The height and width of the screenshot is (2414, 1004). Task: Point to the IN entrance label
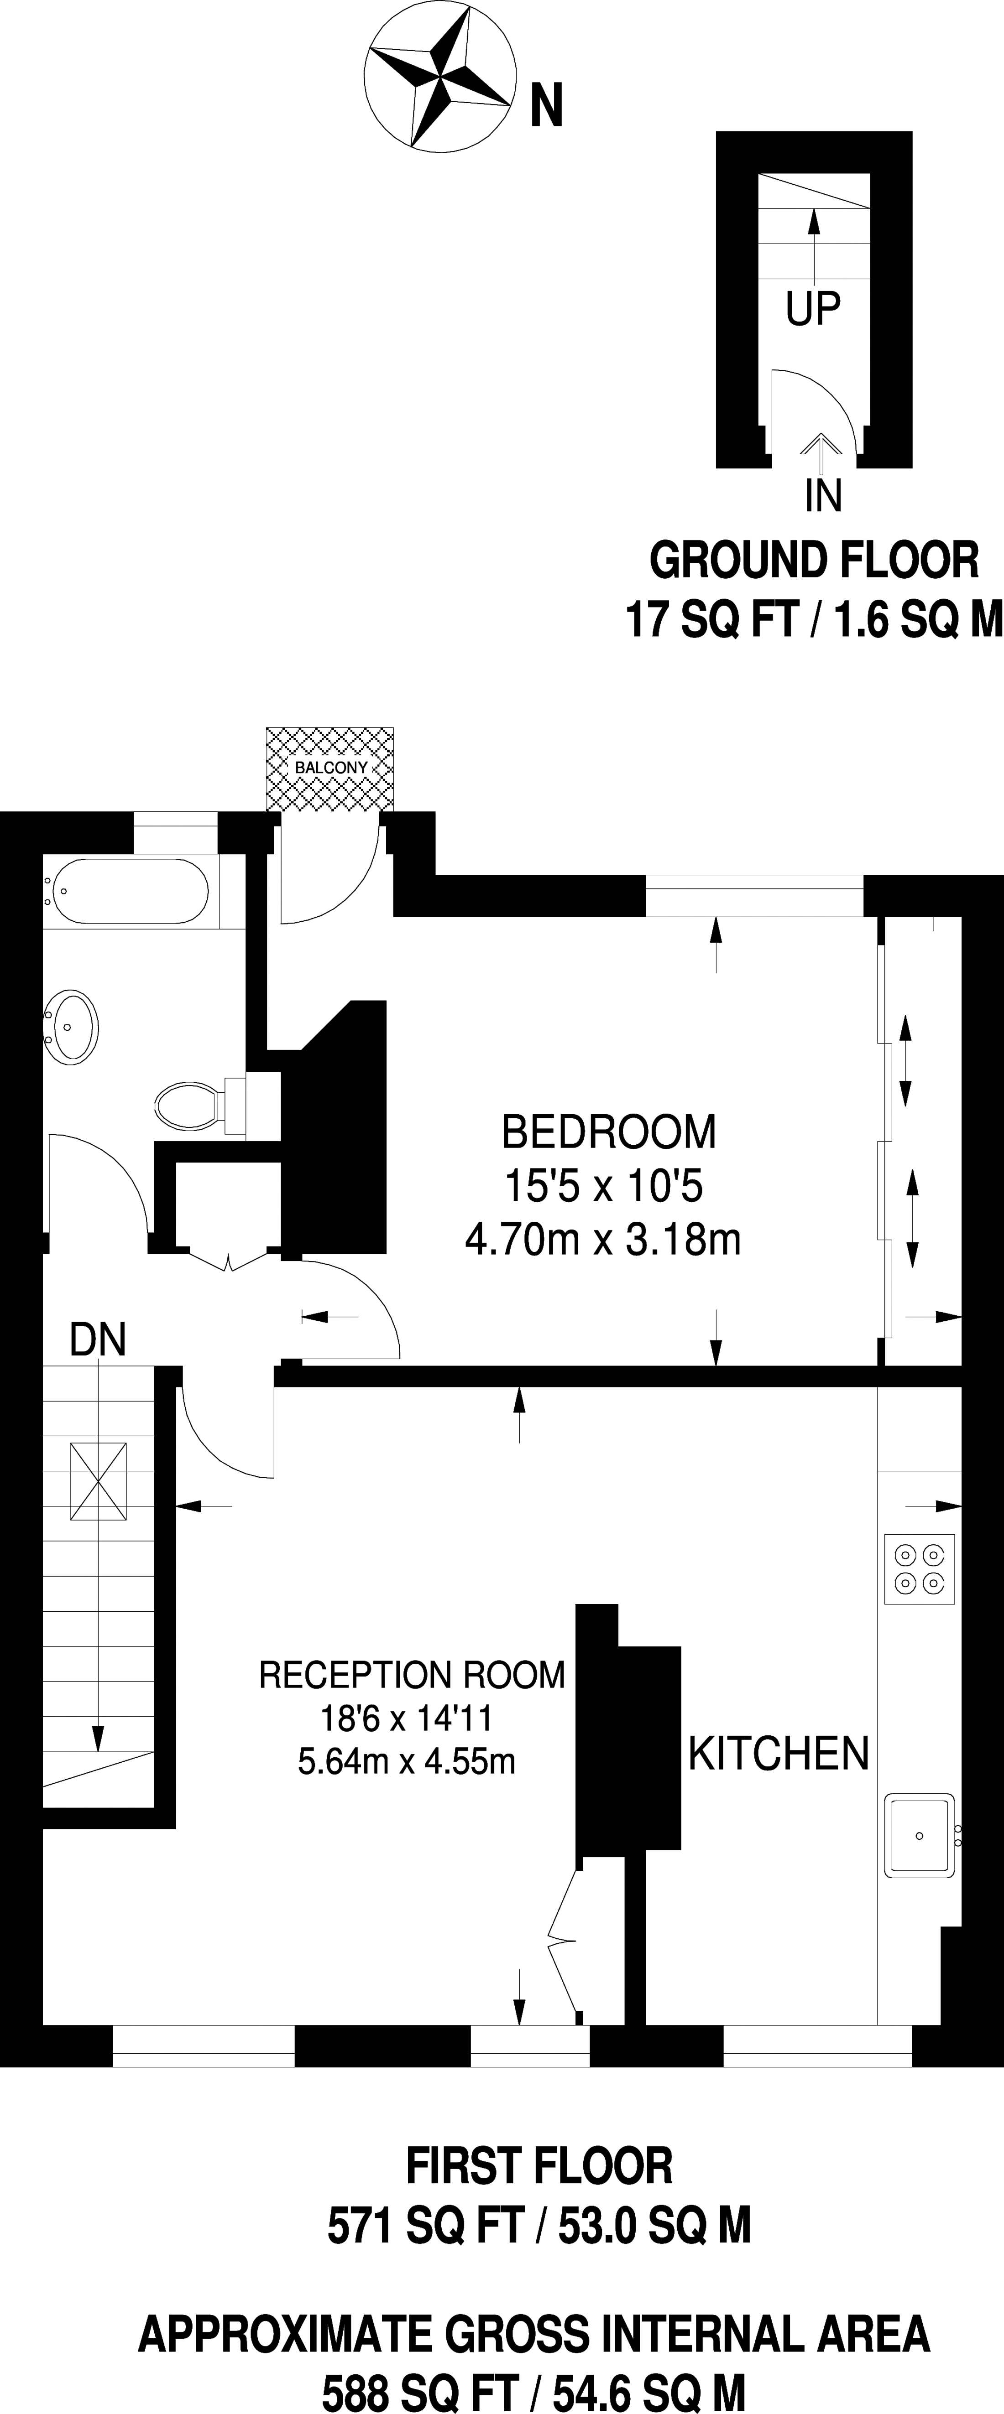pos(823,496)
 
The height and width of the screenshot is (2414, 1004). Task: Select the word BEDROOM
pos(608,1132)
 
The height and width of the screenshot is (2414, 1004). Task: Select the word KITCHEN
pos(779,1753)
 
